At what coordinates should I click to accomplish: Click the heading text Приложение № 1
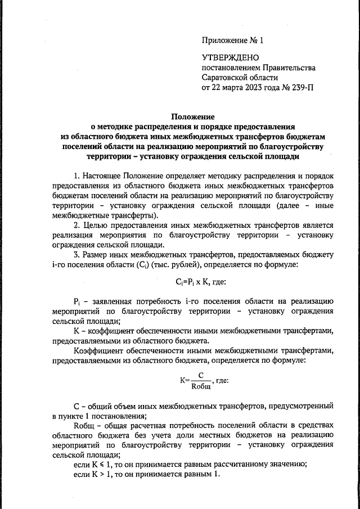coord(232,40)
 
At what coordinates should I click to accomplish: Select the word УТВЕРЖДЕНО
coord(230,58)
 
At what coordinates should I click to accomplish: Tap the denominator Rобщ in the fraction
coord(201,385)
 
